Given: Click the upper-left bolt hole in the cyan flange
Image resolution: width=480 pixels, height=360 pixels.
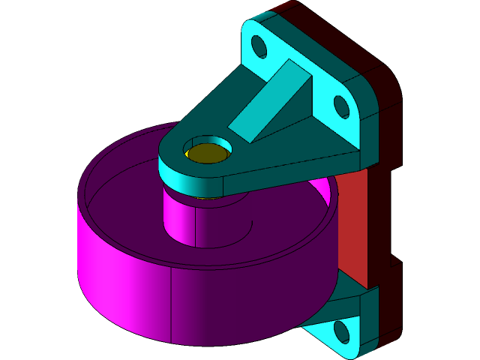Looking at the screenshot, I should point(259,46).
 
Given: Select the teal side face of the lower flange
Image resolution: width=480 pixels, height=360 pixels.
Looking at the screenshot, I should point(367,322).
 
